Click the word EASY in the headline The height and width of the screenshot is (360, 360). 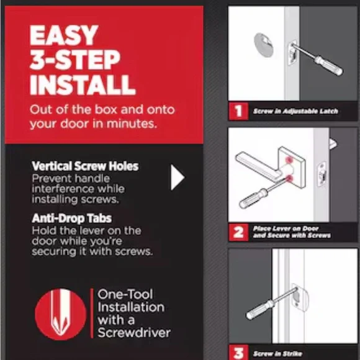pyautogui.click(x=64, y=35)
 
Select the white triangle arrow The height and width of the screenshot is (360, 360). pyautogui.click(x=178, y=178)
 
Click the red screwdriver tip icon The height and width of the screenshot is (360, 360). pyautogui.click(x=61, y=314)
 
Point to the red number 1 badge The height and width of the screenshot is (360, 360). pyautogui.click(x=238, y=111)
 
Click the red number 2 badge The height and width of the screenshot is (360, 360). pyautogui.click(x=238, y=232)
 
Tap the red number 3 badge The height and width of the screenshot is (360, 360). pyautogui.click(x=238, y=353)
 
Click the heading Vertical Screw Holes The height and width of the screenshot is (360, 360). pyautogui.click(x=85, y=166)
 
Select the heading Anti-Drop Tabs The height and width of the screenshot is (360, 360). pyautogui.click(x=72, y=218)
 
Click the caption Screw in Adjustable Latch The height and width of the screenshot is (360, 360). pyautogui.click(x=295, y=111)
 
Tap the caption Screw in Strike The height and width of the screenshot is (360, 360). pyautogui.click(x=277, y=354)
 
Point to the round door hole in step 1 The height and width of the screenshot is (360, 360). pyautogui.click(x=264, y=45)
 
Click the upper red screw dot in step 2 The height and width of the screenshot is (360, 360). pyautogui.click(x=289, y=160)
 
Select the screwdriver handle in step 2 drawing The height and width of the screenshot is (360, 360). pyautogui.click(x=253, y=197)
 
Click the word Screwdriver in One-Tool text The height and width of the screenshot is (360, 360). pyautogui.click(x=134, y=333)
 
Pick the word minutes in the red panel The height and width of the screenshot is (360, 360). pyautogui.click(x=132, y=124)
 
